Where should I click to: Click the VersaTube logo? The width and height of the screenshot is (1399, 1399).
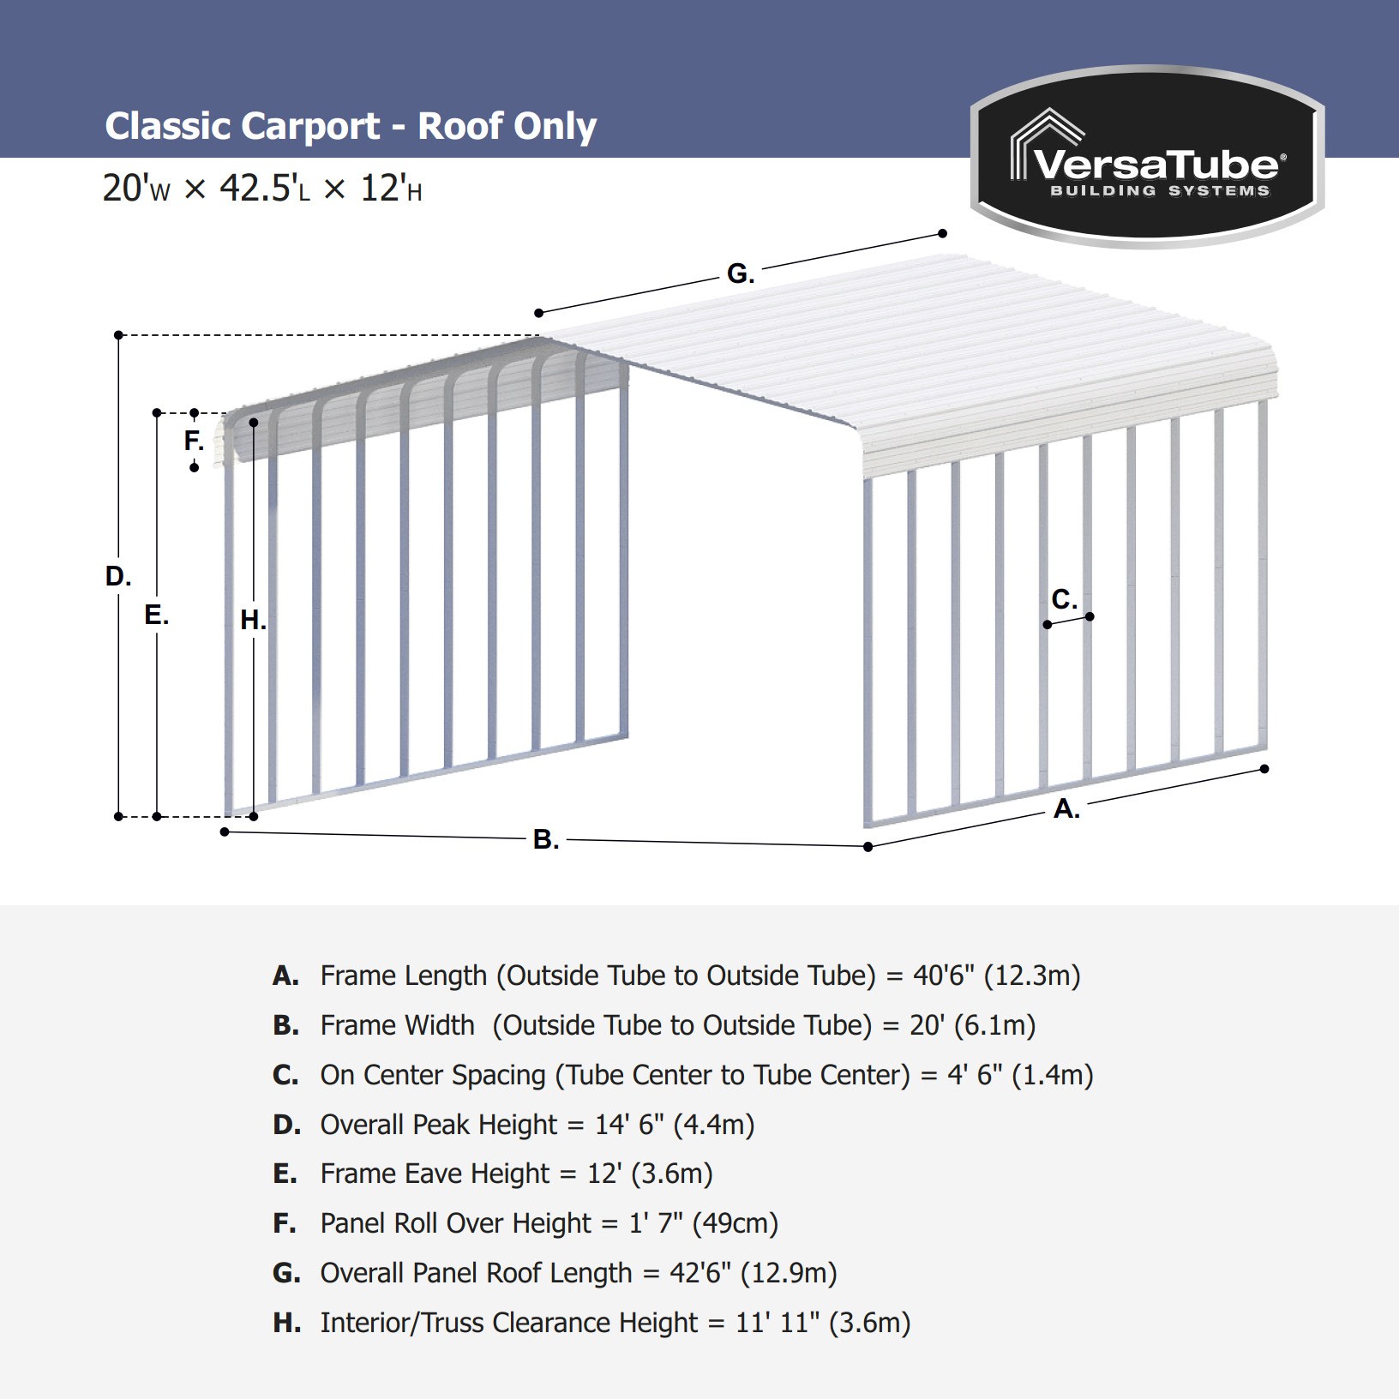pos(1147,156)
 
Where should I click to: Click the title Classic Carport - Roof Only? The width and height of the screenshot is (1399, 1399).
pos(351,126)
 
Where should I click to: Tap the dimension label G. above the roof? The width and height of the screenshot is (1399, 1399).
pos(741,273)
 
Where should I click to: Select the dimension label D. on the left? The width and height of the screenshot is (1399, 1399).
pos(118,576)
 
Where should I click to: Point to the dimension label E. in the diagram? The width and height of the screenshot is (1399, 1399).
pos(156,615)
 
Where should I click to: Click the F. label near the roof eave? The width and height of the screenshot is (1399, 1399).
pos(194,441)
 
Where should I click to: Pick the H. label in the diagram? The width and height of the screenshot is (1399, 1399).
pos(253,620)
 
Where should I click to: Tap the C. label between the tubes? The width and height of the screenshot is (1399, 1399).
pos(1064,599)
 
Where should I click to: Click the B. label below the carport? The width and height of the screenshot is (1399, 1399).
pos(546,839)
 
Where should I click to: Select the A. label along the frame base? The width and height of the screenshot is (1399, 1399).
pos(1066,808)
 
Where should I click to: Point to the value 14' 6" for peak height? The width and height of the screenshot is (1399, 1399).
pos(629,1125)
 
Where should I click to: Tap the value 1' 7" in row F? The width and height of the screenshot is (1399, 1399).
pos(656,1223)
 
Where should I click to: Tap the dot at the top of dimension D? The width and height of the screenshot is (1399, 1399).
pos(118,335)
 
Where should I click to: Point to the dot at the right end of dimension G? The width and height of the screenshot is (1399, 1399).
pos(942,233)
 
